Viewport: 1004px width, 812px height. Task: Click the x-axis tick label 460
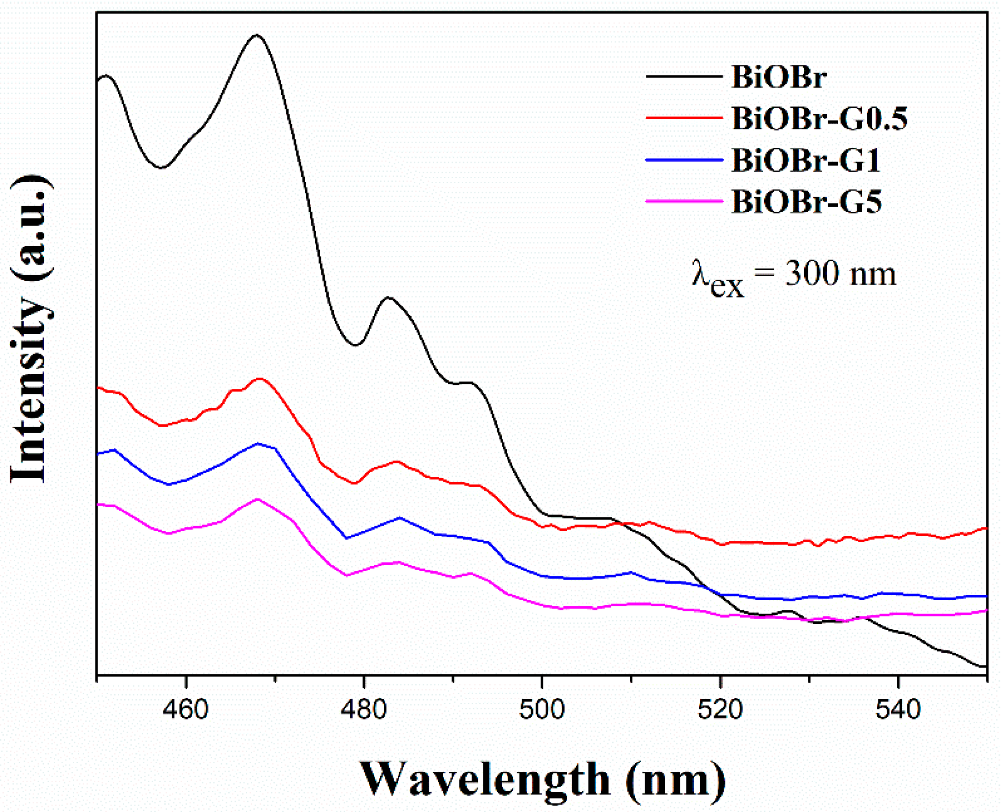[186, 709]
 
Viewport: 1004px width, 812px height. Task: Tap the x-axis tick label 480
[364, 709]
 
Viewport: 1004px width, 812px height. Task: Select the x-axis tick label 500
[542, 709]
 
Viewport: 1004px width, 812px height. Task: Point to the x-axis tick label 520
[720, 709]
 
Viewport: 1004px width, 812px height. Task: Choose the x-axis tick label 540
[898, 709]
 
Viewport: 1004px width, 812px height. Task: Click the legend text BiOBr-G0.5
[819, 118]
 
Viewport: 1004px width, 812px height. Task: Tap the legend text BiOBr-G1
[806, 160]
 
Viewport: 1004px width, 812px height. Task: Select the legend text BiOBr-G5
[806, 202]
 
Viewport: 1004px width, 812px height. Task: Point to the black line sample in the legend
[684, 76]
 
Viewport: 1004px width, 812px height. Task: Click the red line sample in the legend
[684, 118]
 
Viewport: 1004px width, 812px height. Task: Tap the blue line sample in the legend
[684, 159]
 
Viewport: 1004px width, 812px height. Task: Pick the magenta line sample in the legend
[684, 201]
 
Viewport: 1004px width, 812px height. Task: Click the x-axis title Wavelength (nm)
[543, 779]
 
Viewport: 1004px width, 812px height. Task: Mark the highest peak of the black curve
[256, 35]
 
